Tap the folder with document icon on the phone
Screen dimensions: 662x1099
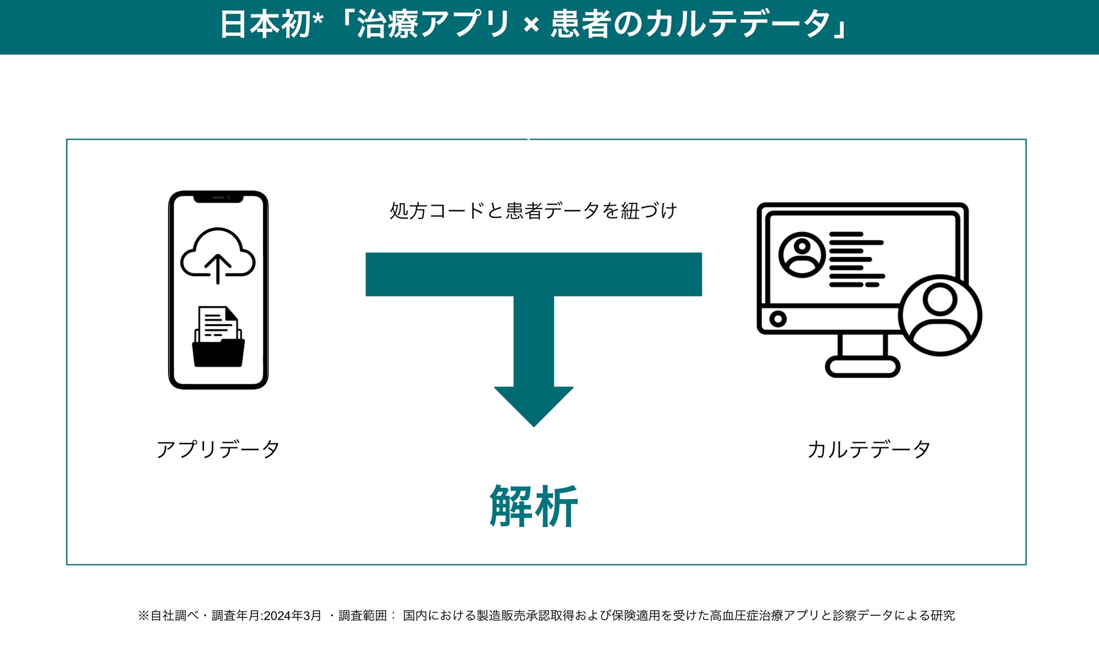coord(218,337)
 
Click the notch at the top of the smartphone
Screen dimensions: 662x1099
coord(218,198)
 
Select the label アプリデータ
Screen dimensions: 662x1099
coord(218,450)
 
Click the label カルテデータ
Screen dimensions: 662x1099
coord(868,450)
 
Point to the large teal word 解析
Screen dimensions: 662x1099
coord(533,507)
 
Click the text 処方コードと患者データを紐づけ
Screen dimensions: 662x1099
coord(533,211)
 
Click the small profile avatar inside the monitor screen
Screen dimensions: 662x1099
coord(801,255)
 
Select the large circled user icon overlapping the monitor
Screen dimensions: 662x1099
coord(940,316)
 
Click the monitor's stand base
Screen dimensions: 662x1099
coord(862,367)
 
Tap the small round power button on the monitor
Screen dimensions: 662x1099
coord(778,319)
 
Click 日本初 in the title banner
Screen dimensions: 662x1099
coord(265,25)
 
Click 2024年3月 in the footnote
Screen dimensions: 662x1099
coord(293,615)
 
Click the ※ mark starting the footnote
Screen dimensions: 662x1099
coord(143,615)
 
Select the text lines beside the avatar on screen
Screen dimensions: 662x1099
coord(857,259)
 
